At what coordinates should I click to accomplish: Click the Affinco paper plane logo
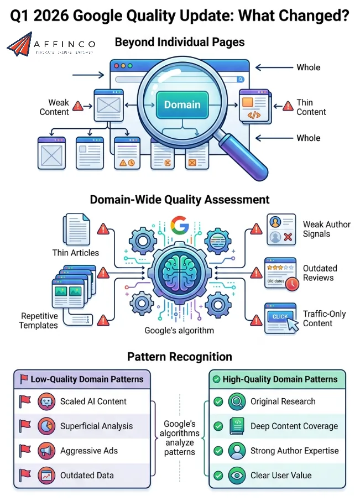20,44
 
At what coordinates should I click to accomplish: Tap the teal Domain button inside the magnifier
182,105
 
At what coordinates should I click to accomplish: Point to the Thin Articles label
76,253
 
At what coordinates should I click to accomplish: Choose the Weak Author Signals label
326,229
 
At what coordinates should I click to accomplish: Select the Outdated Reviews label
320,273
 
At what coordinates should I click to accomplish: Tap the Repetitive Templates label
39,321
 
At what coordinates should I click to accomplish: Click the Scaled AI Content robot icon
46,402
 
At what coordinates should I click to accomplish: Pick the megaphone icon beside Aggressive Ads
46,451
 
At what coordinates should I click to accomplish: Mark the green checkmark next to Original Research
218,402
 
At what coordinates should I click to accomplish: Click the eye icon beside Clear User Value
237,475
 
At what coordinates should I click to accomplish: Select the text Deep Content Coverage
294,426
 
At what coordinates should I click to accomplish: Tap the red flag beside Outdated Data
24,474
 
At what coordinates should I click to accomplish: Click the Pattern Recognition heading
180,357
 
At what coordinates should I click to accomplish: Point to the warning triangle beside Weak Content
78,106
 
